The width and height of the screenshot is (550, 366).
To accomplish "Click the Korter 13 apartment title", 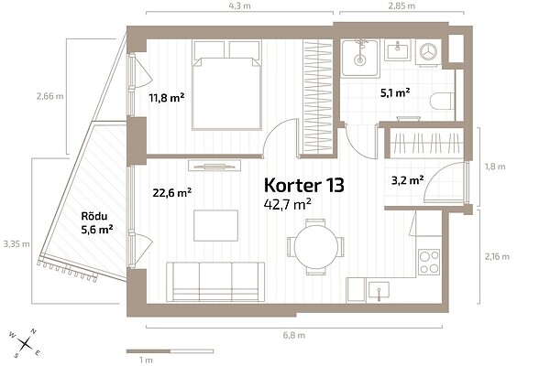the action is tap(303, 185).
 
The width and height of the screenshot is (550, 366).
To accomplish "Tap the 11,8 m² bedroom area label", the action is tap(167, 97).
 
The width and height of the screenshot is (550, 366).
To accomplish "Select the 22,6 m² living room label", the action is tap(172, 192).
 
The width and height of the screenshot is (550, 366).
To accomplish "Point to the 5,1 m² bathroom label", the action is tap(395, 92).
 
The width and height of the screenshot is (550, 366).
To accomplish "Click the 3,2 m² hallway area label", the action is tap(407, 180).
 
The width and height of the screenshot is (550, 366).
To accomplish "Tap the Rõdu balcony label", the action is tap(94, 216).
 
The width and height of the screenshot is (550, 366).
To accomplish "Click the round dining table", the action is tap(316, 247).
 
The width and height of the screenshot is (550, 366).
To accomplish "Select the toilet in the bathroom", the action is tap(442, 101).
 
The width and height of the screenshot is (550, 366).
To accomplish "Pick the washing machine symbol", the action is tap(428, 52).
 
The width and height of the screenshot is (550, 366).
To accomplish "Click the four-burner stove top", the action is tap(429, 262).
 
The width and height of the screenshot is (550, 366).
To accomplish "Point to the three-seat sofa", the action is tap(215, 282).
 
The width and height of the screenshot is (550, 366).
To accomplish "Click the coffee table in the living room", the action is tap(215, 226).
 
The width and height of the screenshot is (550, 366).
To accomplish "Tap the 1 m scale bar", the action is tap(170, 351).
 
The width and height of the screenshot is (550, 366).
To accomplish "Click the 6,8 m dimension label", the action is tap(294, 335).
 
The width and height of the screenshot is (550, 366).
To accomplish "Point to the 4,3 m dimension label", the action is tap(239, 6).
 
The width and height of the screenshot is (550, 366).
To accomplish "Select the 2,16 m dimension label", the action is tap(497, 256).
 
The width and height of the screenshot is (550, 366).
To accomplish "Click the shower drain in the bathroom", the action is tap(359, 59).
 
